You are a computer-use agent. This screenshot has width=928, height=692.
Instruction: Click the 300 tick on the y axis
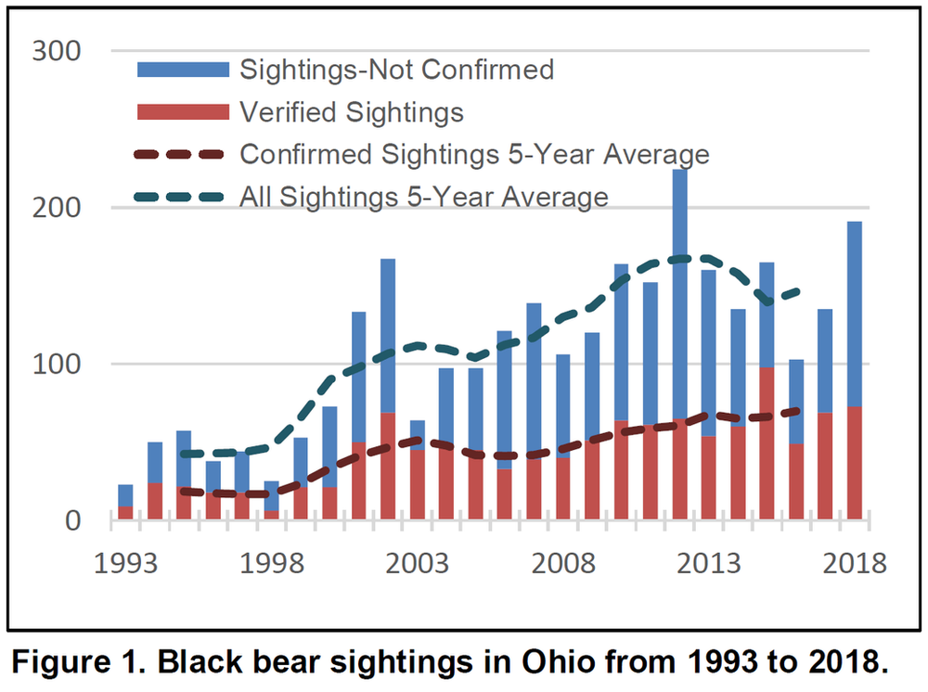[57, 52]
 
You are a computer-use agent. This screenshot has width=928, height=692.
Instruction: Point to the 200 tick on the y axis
[57, 208]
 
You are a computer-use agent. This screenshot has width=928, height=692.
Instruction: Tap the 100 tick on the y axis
[57, 365]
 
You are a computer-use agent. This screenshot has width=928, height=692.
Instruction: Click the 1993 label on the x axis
[125, 564]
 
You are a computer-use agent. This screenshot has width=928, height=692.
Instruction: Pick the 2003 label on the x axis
[417, 564]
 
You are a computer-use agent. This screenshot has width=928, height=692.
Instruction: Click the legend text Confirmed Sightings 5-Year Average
[474, 154]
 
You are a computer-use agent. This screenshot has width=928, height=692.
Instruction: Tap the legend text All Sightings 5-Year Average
[424, 197]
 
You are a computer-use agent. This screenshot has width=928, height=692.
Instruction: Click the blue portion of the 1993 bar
[125, 494]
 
